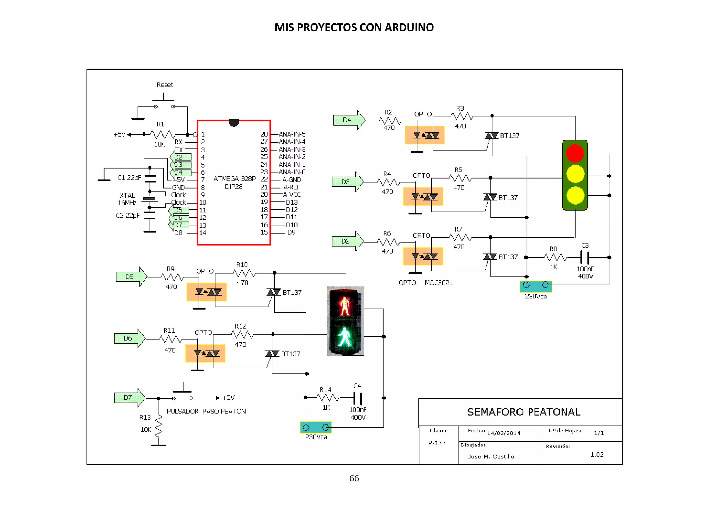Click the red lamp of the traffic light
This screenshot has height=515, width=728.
tap(575, 153)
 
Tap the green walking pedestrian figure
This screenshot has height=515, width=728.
tap(344, 337)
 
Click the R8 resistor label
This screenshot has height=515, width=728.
tap(553, 249)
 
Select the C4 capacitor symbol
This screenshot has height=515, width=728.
tap(358, 398)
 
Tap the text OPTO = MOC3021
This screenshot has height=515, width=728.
tap(425, 283)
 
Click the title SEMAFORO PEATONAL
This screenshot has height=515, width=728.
tap(524, 412)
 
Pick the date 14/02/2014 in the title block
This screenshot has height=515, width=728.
tap(504, 433)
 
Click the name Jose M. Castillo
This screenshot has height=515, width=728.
tap(491, 456)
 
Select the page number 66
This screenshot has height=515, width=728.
tap(354, 478)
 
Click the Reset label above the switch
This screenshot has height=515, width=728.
tap(165, 85)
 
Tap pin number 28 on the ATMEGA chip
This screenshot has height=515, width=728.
tap(264, 134)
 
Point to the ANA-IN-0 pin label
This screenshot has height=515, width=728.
tap(292, 172)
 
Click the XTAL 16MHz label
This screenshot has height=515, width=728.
tap(127, 199)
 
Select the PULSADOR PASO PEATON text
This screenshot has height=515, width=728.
tap(206, 411)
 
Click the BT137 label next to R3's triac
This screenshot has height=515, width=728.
tap(510, 136)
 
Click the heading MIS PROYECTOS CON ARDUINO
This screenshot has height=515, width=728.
tap(354, 27)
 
